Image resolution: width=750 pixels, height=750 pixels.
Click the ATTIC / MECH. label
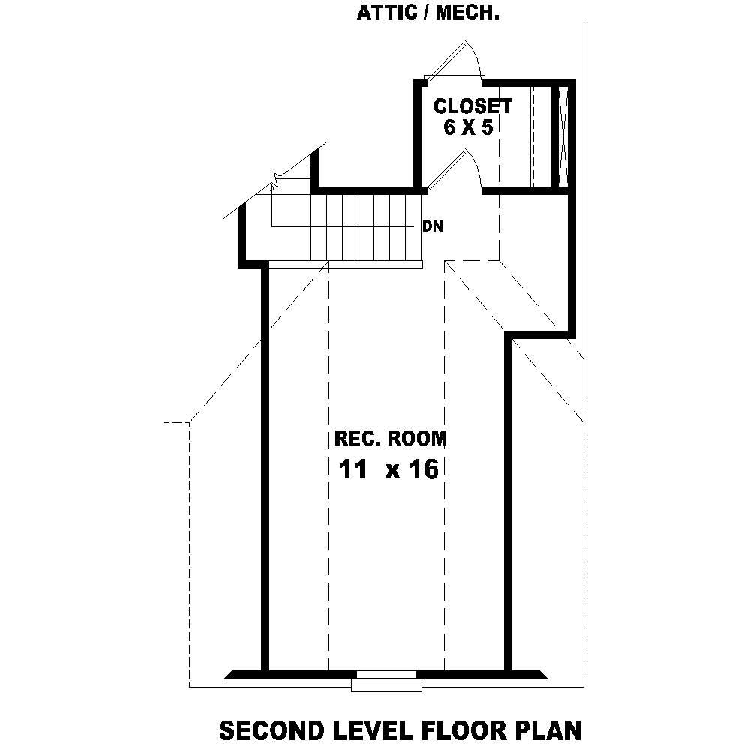tap(428, 13)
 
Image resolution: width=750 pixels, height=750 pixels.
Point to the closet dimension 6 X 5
tap(467, 127)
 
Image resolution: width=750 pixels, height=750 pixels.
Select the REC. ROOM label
tap(390, 439)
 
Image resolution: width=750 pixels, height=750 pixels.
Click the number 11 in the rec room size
tap(353, 470)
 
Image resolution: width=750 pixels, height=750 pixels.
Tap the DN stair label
tap(432, 226)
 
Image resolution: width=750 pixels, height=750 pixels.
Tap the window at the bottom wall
tap(386, 682)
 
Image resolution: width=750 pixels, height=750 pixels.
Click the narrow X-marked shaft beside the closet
tap(565, 135)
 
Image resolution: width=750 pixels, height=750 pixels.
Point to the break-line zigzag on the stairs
tap(276, 181)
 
